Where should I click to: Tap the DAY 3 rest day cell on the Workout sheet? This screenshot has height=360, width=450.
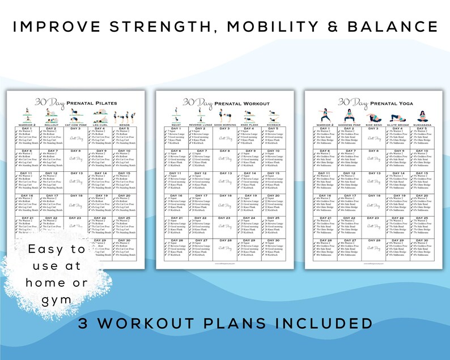pyautogui.click(x=224, y=138)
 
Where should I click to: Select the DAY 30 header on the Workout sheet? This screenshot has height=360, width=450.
pyautogui.click(x=273, y=240)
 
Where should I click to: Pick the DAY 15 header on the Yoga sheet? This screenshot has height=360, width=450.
pyautogui.click(x=421, y=173)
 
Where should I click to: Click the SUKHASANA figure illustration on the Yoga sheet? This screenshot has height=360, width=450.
pyautogui.click(x=421, y=116)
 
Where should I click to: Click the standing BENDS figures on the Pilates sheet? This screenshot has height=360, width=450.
pyautogui.click(x=125, y=116)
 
